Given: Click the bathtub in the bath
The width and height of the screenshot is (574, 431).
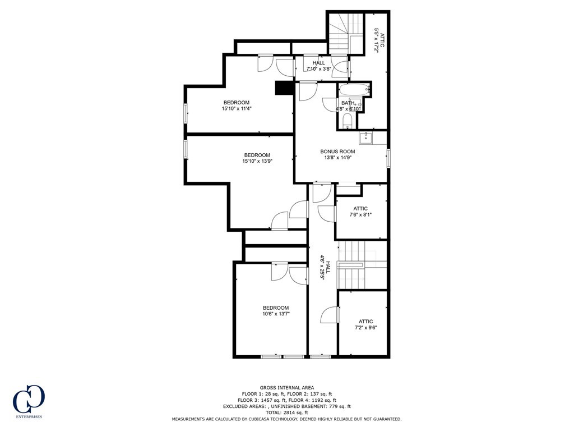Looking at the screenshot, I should (354, 89).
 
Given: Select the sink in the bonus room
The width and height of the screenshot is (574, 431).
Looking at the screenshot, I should (365, 137).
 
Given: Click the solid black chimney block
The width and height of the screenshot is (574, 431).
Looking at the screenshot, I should (284, 89).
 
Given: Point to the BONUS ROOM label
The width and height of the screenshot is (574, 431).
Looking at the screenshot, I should (337, 152).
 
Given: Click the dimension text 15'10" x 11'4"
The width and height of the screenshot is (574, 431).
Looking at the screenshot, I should (236, 109).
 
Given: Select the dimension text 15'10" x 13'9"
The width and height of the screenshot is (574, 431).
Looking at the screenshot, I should (257, 162).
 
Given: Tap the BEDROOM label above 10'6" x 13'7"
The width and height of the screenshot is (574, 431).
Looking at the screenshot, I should (276, 308).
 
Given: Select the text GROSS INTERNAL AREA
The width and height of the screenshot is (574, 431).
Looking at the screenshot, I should (286, 387).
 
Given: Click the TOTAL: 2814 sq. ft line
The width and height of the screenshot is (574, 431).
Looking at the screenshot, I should (286, 412).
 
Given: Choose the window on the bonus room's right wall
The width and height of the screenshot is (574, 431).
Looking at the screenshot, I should (388, 158).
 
